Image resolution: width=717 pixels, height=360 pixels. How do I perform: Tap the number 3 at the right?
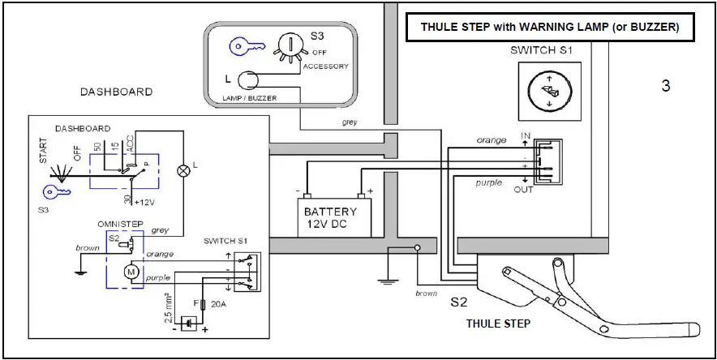pos(666,85)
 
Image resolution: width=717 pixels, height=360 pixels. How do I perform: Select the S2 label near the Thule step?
pos(461,303)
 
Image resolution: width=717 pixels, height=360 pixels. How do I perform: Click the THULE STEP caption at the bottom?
pos(499,324)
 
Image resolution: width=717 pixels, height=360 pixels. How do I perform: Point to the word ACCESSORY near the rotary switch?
pos(325,66)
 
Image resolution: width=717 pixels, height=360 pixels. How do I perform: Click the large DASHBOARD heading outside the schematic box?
pos(116,92)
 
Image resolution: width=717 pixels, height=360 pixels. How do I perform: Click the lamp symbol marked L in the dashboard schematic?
pos(182,170)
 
